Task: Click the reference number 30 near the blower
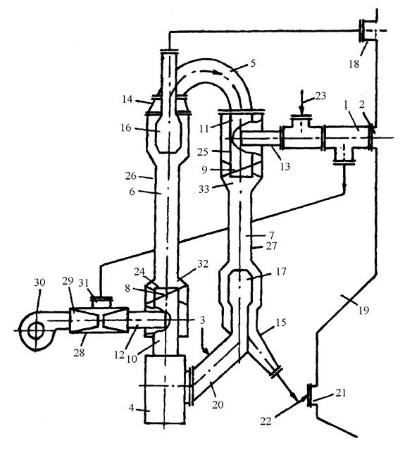click(39, 282)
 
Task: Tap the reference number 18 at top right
click(354, 64)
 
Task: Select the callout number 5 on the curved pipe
click(253, 63)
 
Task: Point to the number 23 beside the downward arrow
click(320, 96)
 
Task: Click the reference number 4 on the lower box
click(131, 408)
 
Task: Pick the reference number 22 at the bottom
click(266, 421)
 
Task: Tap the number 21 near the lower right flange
click(341, 392)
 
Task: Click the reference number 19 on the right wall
click(363, 311)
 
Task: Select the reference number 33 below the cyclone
click(204, 189)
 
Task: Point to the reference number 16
click(126, 127)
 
